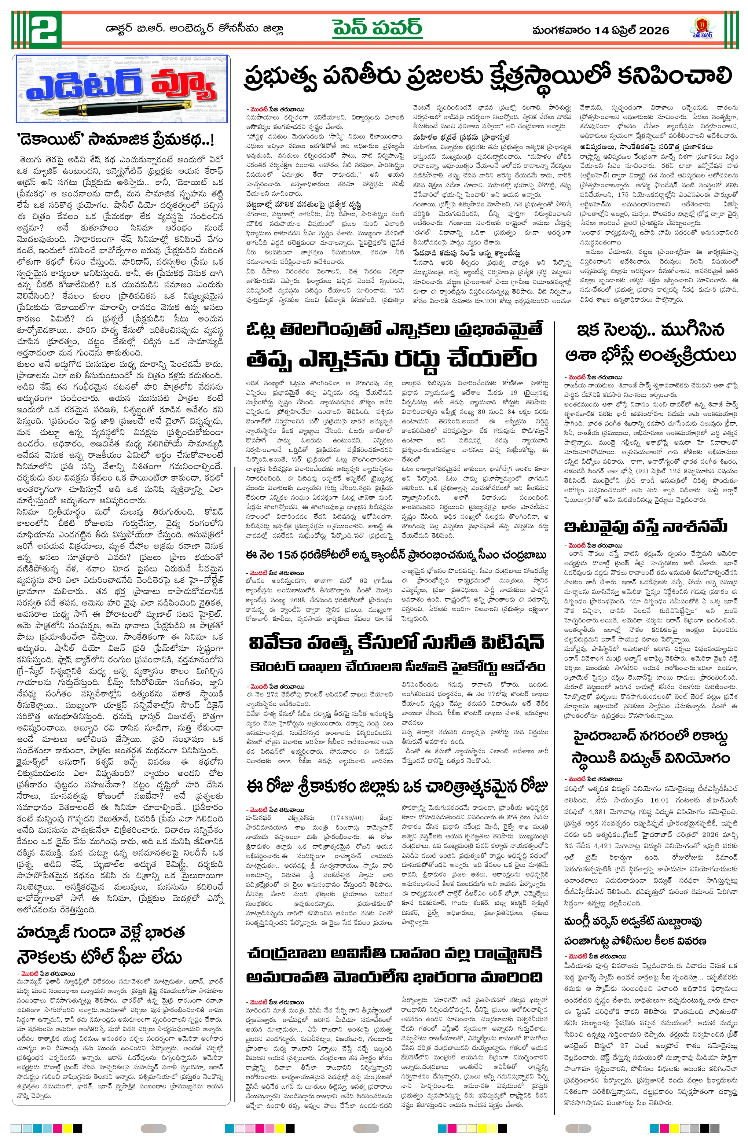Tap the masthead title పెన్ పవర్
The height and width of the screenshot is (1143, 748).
point(378,29)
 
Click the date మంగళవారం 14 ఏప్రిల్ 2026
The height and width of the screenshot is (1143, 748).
point(601,31)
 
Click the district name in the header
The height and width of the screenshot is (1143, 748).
point(195,29)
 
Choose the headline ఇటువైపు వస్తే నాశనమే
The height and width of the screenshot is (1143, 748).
point(646,527)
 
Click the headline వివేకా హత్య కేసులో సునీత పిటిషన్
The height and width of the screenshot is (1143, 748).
point(396,643)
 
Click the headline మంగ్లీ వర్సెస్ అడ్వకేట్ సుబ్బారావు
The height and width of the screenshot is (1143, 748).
point(633,907)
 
